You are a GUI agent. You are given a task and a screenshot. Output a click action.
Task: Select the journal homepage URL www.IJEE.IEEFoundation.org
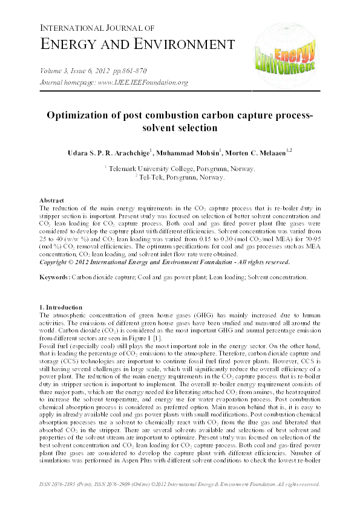coord(143,82)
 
